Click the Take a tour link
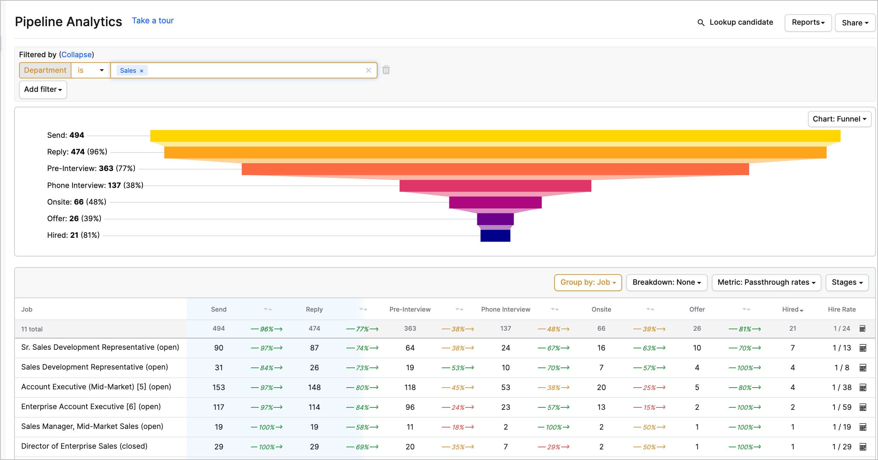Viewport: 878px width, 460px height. (x=153, y=21)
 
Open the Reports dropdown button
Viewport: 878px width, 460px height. (x=808, y=23)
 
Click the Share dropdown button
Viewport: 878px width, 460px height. (x=855, y=23)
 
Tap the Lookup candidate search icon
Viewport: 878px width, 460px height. (x=701, y=23)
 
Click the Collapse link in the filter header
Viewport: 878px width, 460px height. (x=76, y=55)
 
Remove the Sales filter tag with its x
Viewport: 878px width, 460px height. (x=141, y=71)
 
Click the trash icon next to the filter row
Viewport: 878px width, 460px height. (x=386, y=70)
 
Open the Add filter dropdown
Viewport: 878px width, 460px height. (x=43, y=89)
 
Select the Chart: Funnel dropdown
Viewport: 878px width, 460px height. (x=839, y=119)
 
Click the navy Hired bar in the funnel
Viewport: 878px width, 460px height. (x=495, y=236)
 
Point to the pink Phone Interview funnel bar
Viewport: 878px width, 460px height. (x=495, y=185)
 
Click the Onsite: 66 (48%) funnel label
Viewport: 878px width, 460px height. (x=77, y=202)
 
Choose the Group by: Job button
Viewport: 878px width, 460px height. (x=588, y=282)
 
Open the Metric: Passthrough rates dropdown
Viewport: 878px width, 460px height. (x=766, y=282)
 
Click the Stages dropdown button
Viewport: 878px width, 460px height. (x=847, y=282)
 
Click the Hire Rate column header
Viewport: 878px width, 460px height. (x=841, y=309)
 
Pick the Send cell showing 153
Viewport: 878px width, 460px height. (x=218, y=388)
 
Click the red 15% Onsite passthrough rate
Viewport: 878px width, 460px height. (x=649, y=407)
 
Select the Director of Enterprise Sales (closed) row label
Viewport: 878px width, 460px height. (x=84, y=446)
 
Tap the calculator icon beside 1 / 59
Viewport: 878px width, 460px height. (x=863, y=407)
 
